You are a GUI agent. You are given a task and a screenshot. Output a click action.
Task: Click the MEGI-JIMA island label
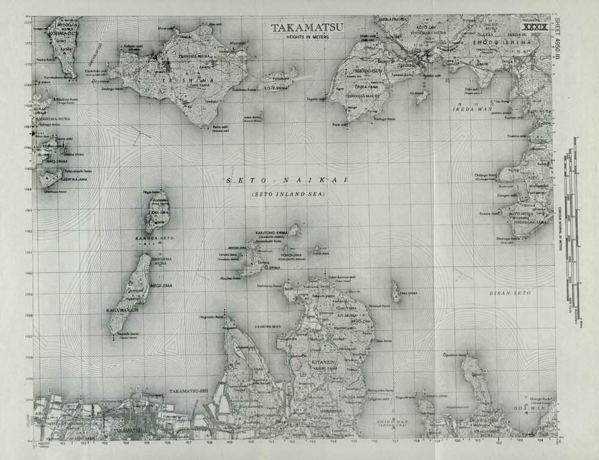162,286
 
